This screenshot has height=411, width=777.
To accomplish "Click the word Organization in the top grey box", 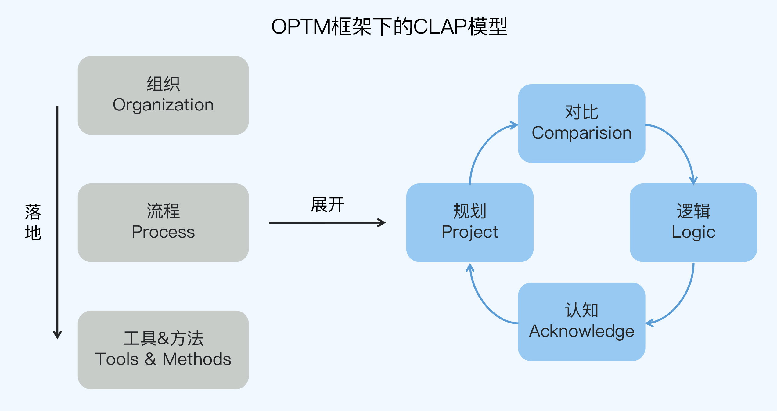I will tap(163, 105).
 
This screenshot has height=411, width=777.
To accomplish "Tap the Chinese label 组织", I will tap(163, 84).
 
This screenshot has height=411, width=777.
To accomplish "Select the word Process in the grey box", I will tap(163, 232).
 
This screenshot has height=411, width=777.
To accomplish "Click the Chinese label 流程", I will tap(163, 211).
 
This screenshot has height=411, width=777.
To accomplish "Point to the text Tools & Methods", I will tap(163, 359).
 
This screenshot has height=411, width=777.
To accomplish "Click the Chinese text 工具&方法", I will tap(163, 338).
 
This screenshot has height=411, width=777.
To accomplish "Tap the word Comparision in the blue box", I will tap(581, 133).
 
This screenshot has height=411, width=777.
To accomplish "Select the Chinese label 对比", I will tap(581, 112).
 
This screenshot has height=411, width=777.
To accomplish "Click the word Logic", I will tap(693, 232).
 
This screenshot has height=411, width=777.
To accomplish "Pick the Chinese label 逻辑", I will tap(693, 211).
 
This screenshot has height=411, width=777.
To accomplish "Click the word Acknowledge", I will tap(581, 331).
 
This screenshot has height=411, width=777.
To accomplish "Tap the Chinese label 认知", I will tap(581, 310).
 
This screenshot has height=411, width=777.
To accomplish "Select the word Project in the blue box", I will tap(470, 232).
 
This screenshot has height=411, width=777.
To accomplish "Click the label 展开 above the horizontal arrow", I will tap(327, 204).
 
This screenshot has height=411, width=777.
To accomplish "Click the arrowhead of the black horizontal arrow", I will tap(383, 222).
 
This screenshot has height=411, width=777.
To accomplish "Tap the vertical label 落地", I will tap(33, 222).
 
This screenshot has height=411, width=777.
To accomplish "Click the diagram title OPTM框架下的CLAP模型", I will tap(389, 27).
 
